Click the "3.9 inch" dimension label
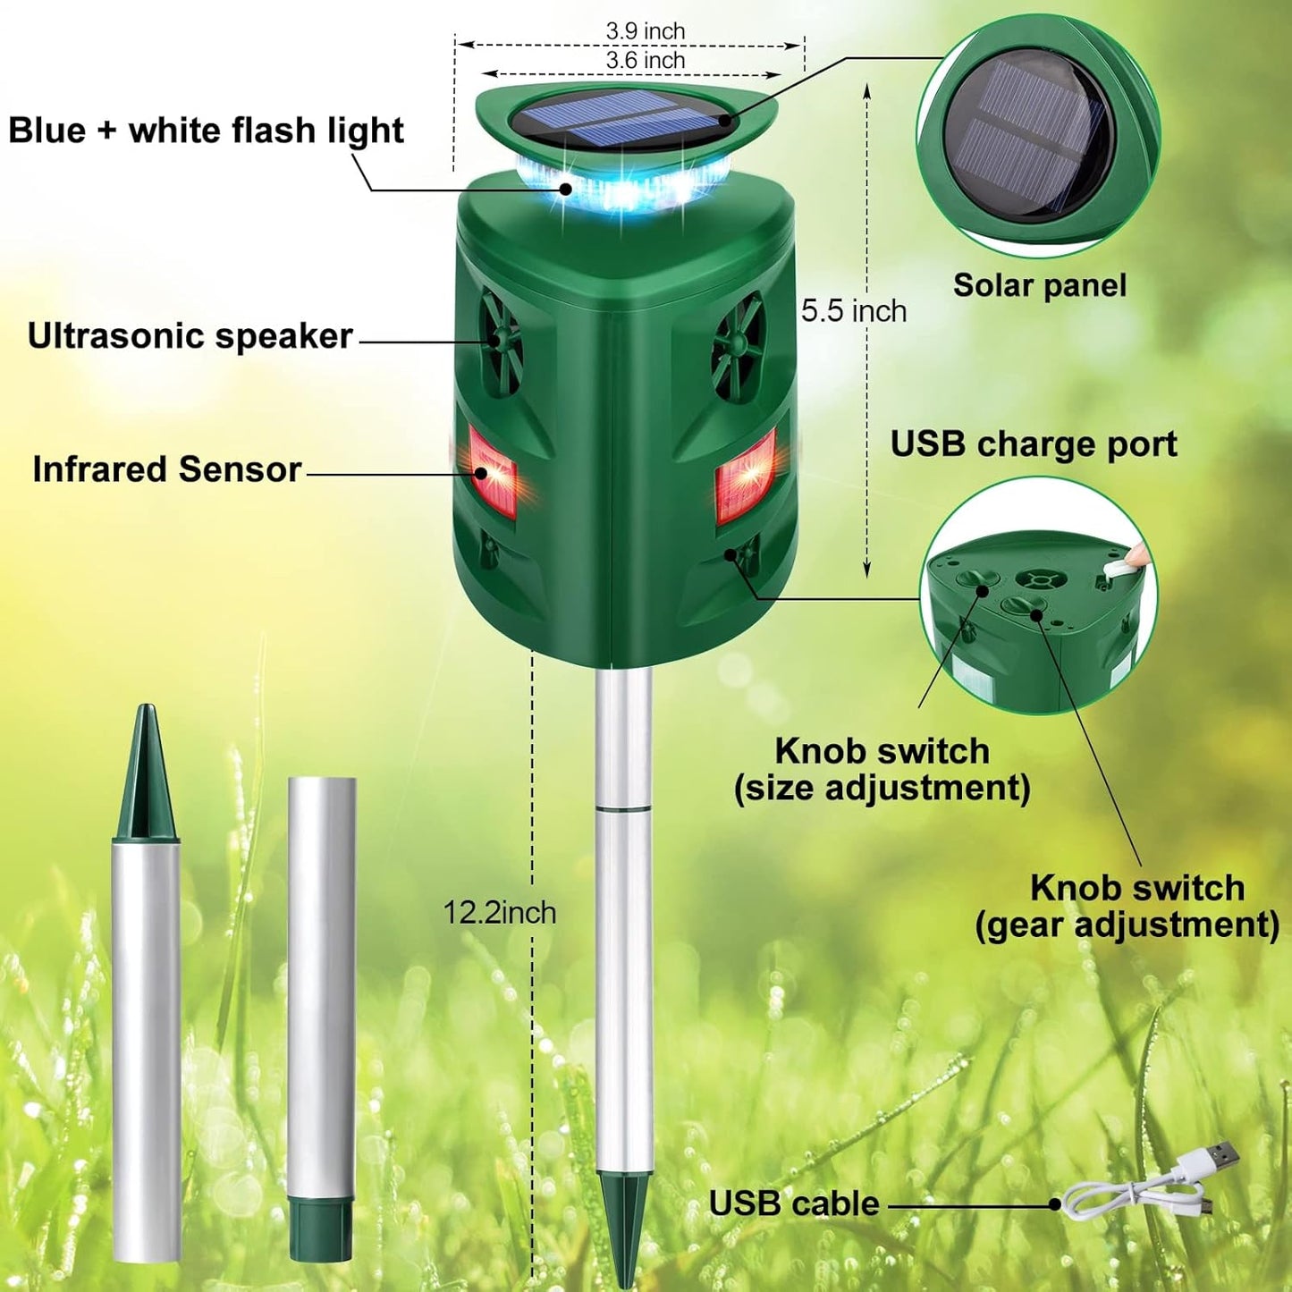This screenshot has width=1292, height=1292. (645, 30)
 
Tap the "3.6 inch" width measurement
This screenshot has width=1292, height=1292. (645, 60)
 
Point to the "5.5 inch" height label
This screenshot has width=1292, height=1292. (854, 311)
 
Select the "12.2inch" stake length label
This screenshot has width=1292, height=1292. (500, 913)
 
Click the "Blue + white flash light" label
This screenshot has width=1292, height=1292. (206, 131)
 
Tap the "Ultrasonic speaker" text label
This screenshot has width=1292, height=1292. (190, 335)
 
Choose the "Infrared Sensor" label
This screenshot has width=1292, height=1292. (167, 469)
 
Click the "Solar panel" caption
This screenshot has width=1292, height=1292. (1040, 285)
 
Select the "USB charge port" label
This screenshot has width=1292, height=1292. (1034, 444)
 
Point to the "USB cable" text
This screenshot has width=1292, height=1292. (794, 1203)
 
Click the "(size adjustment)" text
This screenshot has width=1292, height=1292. (882, 789)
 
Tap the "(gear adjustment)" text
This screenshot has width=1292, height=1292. (1127, 926)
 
